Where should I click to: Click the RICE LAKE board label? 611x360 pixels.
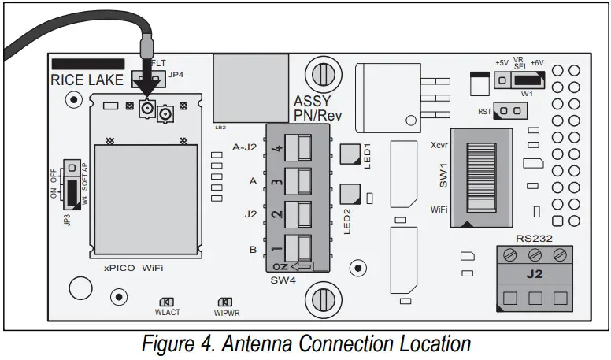click(86, 80)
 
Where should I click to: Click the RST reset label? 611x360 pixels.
click(485, 112)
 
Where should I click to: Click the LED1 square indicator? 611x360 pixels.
click(349, 153)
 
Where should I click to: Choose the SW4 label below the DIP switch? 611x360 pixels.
click(282, 280)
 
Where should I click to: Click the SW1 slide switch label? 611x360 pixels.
click(443, 174)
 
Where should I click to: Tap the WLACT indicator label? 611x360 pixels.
click(167, 312)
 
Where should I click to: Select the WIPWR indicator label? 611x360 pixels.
click(226, 312)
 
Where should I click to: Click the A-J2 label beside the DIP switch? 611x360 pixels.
click(245, 147)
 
